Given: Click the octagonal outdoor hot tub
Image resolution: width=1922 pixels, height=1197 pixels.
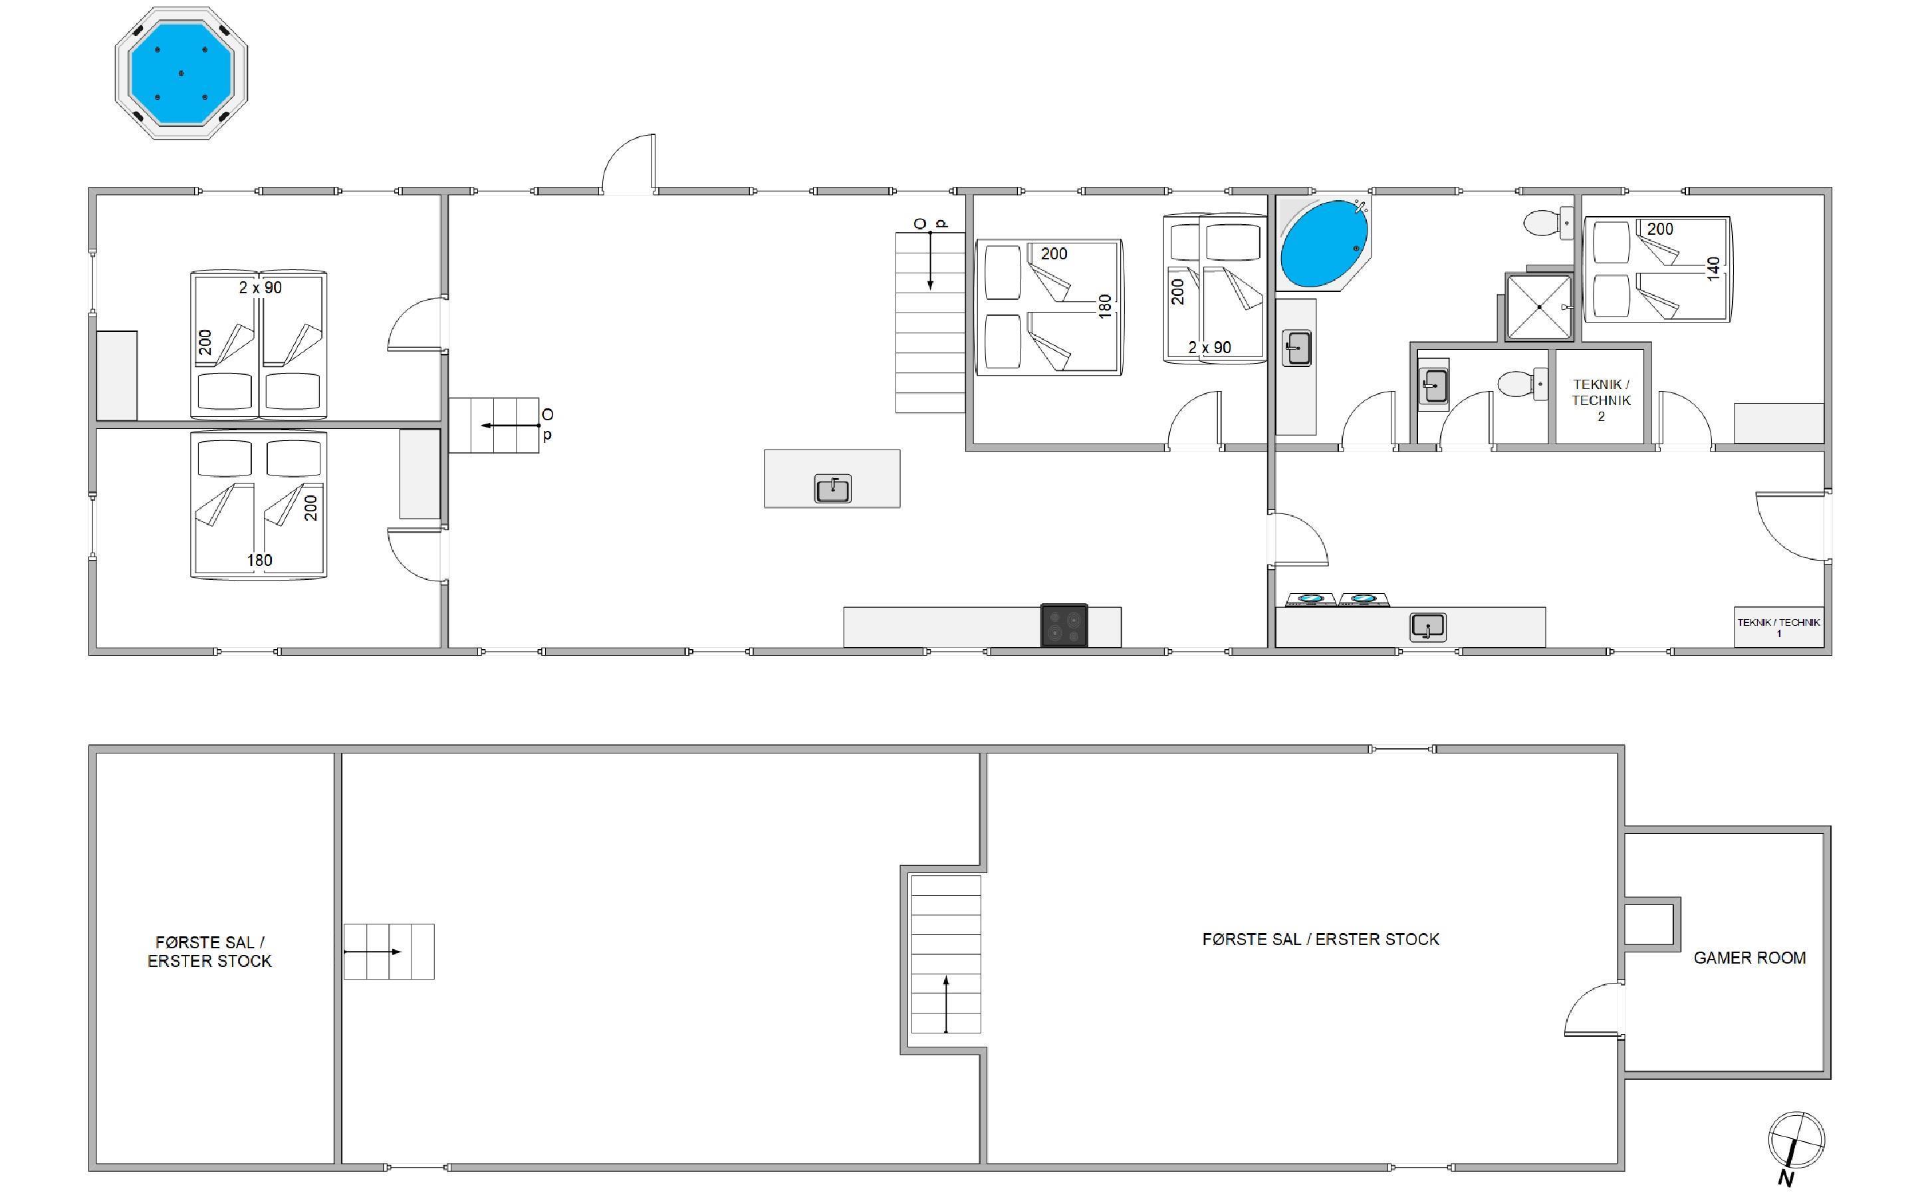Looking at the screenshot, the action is coord(181,73).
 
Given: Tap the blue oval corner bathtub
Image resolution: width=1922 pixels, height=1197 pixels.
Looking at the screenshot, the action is coord(1323,243).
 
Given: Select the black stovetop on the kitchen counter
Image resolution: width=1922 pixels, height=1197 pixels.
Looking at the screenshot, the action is coord(1064,625).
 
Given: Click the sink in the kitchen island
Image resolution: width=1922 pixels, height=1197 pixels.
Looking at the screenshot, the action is coord(832,489).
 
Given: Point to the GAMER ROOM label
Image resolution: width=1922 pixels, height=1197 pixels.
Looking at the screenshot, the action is coord(1750,958).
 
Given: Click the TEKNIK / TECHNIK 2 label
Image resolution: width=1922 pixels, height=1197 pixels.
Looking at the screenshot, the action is coord(1601,400).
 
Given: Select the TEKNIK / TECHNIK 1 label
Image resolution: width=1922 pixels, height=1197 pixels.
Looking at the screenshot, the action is coord(1779,627).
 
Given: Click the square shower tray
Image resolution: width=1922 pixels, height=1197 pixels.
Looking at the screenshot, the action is coord(1538,307).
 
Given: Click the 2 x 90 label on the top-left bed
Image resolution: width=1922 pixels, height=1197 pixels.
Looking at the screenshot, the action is coord(261,287).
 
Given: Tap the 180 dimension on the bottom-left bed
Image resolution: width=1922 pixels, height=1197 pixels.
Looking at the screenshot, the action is coord(259,561).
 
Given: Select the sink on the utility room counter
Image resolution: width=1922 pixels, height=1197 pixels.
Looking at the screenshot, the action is coord(1427,627).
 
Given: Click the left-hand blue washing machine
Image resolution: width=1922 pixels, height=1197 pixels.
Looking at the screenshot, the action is coord(1311,599).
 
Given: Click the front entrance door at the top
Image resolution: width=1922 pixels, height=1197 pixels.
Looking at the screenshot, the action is coord(629,163).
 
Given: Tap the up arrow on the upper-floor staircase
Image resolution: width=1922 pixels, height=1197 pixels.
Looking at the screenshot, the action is coord(945,1004).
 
